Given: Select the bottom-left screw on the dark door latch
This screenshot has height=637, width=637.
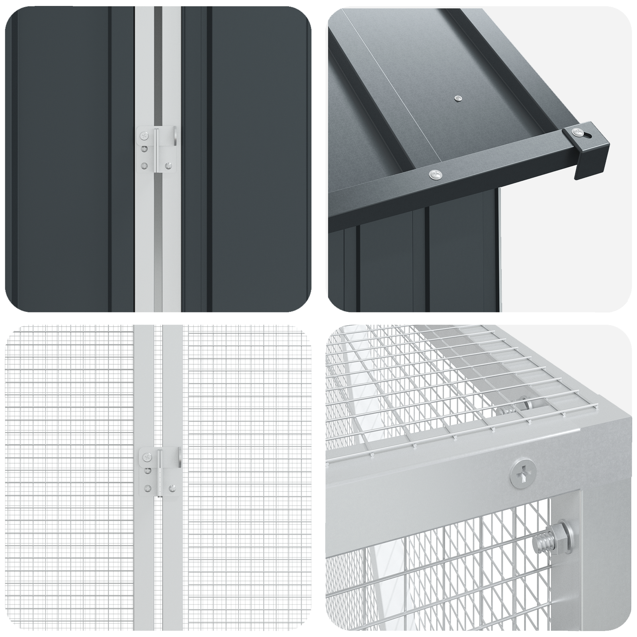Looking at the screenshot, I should tap(144, 166).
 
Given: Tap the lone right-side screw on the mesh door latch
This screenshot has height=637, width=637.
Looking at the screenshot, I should tap(172, 488).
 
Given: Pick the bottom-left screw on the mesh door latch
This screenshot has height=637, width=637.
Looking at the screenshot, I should tap(148, 488).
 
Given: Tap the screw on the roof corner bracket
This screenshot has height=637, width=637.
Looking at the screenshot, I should tap(575, 132).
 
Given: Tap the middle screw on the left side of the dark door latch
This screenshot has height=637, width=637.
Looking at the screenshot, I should tap(144, 149).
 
